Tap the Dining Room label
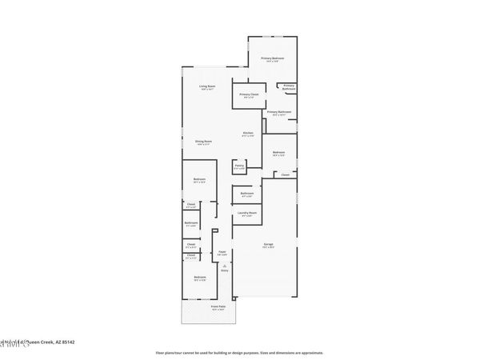click(x=202, y=143)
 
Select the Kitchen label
click(x=249, y=134)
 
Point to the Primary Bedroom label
click(x=273, y=59)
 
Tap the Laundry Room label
click(x=247, y=214)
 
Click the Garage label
click(x=270, y=246)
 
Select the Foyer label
click(x=222, y=254)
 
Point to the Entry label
click(x=224, y=270)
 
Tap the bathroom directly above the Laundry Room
click(x=247, y=194)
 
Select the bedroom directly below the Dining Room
click(x=199, y=181)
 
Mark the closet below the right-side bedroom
click(x=285, y=174)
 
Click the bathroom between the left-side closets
click(x=191, y=224)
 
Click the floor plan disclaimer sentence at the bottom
click(x=240, y=352)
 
